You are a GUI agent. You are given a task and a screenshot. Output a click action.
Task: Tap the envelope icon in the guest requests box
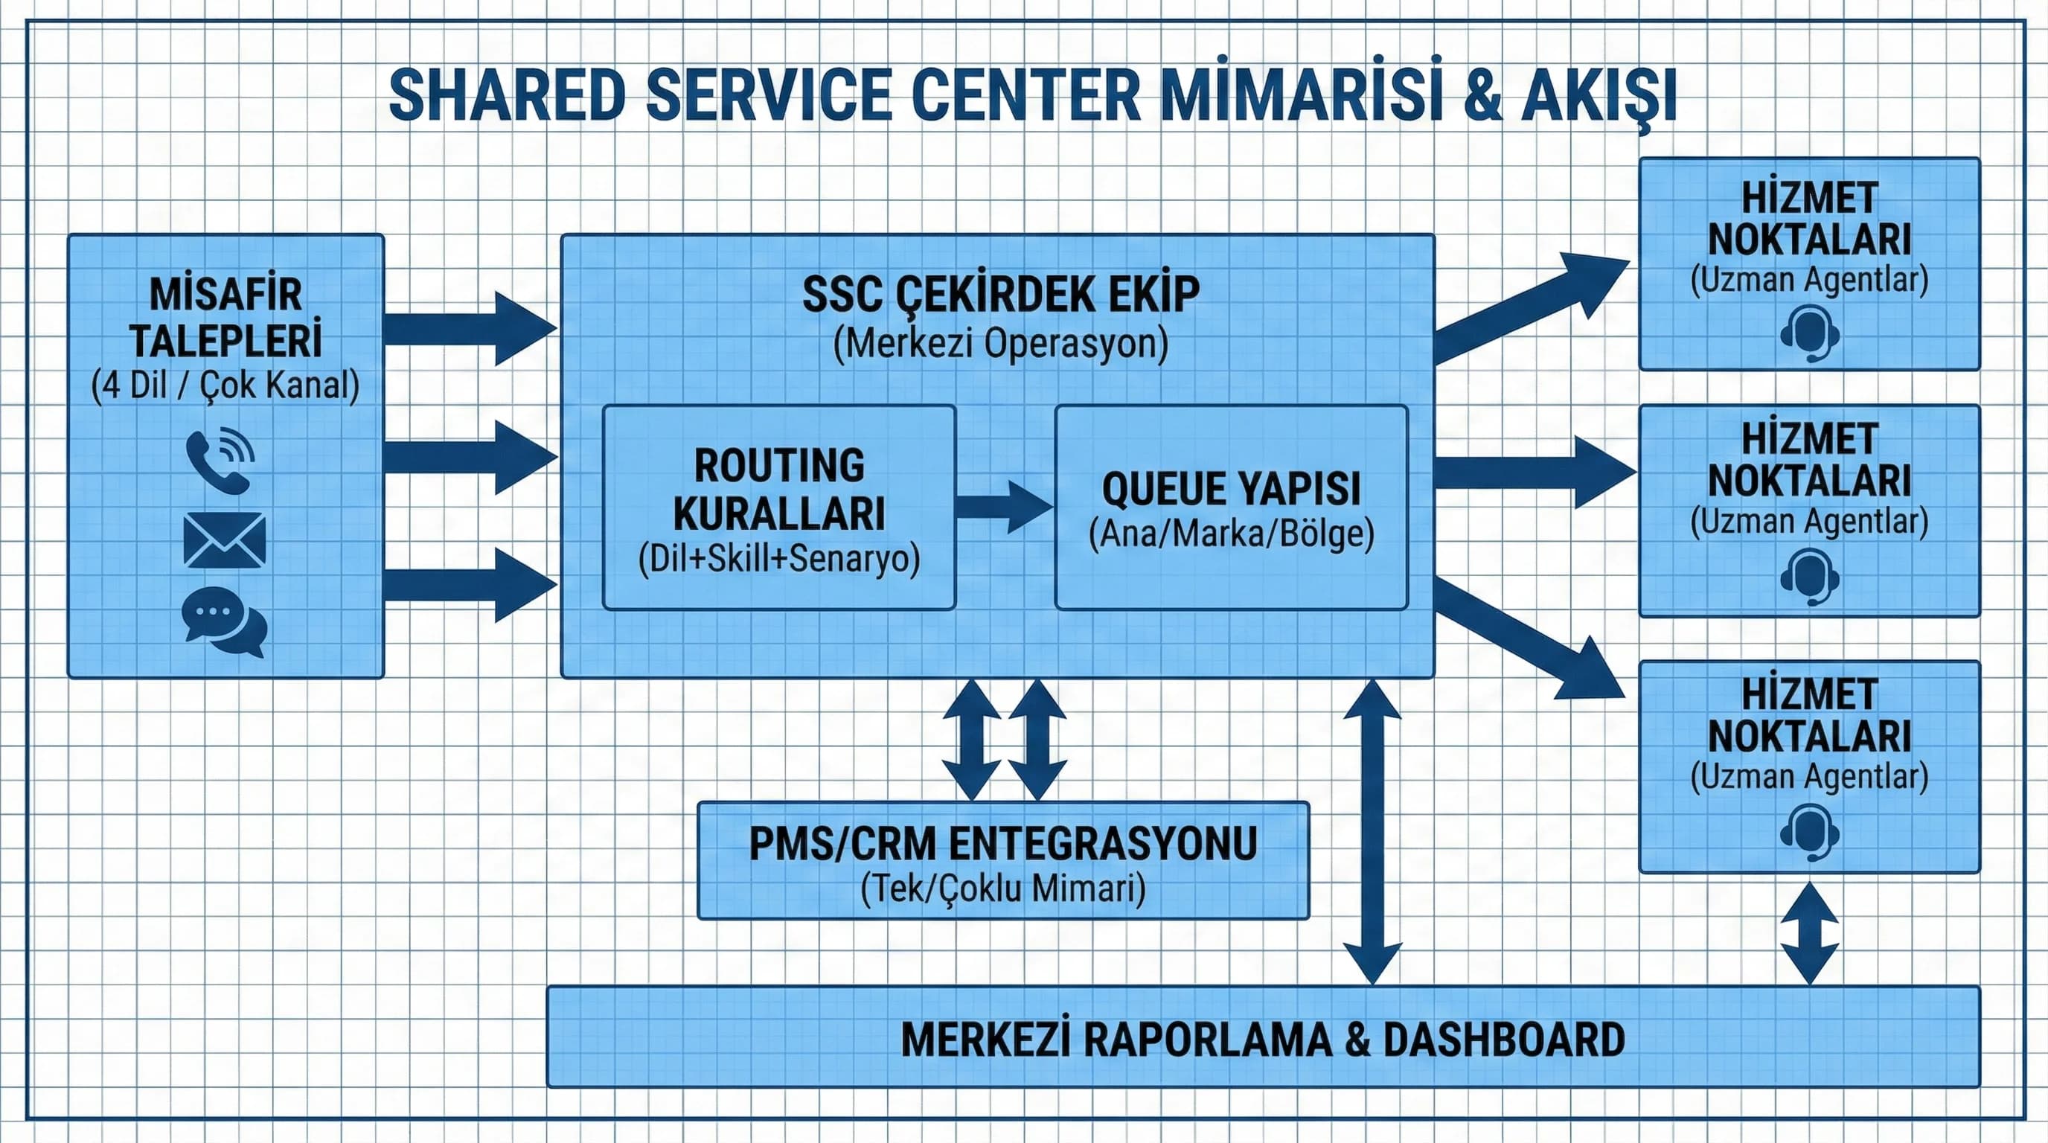(224, 540)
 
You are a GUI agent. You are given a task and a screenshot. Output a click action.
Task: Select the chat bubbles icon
(224, 622)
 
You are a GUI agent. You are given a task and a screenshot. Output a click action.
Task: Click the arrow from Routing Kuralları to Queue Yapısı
(1004, 506)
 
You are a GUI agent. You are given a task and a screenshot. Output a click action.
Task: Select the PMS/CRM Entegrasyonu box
(1002, 861)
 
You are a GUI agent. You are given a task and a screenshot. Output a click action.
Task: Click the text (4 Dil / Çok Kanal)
(225, 385)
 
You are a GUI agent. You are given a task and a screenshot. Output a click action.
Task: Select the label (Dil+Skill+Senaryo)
(778, 559)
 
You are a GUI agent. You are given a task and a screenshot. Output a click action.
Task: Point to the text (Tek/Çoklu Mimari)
(1002, 888)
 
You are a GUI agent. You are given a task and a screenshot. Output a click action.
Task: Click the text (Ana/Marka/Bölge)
(1231, 534)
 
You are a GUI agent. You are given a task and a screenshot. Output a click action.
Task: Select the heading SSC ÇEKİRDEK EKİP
(1000, 295)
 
